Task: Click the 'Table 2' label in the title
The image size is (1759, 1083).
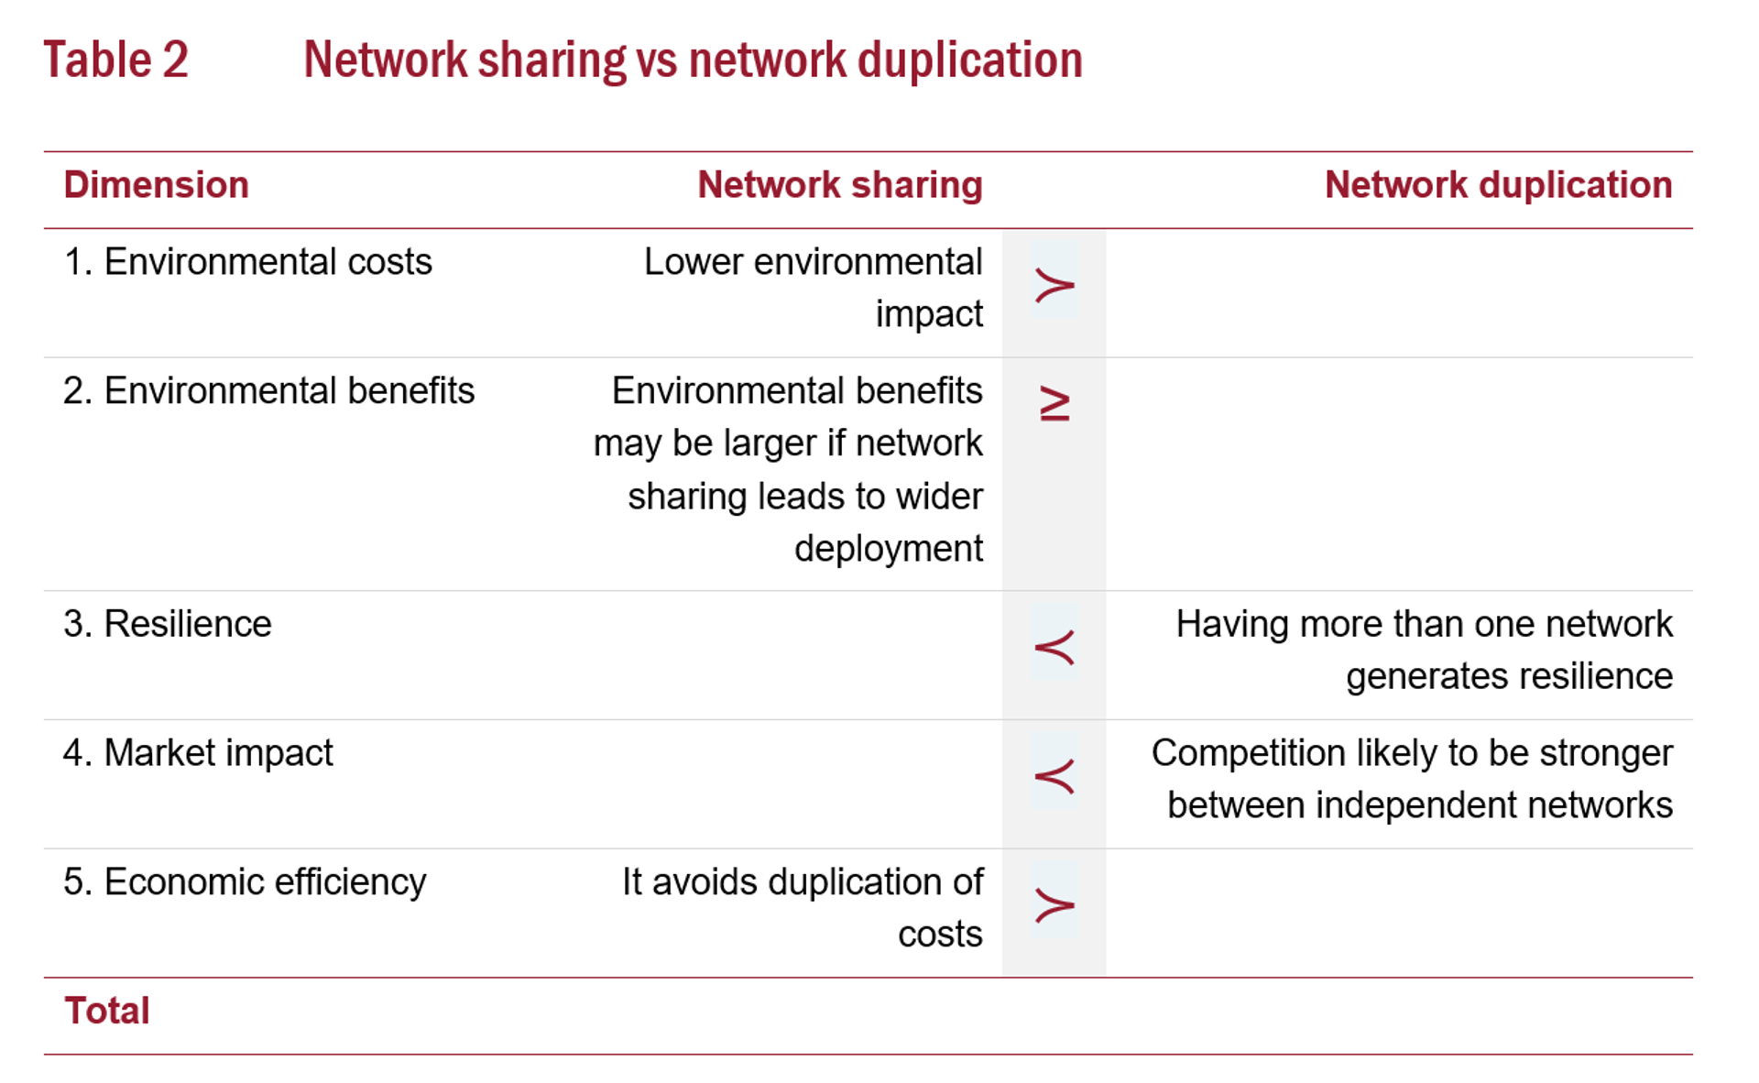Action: [x=115, y=60]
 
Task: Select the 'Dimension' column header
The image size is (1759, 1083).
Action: [x=157, y=185]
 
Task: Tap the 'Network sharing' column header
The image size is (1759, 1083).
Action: [x=840, y=185]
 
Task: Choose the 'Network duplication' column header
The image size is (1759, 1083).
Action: [x=1499, y=185]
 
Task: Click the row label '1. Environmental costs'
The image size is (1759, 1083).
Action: [x=247, y=262]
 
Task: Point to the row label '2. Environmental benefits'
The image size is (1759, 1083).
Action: [x=269, y=391]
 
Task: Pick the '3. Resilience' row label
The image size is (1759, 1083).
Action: [x=168, y=624]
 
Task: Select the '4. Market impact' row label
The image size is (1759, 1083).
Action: [x=198, y=753]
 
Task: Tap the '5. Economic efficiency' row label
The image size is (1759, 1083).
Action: [x=245, y=882]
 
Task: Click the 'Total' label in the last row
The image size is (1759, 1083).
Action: [x=107, y=1012]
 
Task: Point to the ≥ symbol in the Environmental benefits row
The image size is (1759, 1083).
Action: [x=1055, y=404]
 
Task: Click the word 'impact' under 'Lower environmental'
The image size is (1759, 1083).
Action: [x=929, y=314]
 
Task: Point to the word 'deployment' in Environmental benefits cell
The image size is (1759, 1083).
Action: [x=889, y=549]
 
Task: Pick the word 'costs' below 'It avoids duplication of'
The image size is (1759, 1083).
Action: [x=940, y=935]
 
